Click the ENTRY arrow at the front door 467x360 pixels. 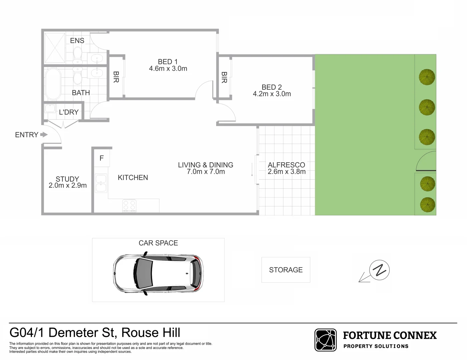pos(44,135)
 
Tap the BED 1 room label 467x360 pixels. pos(168,62)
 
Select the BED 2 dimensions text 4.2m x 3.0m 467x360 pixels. pos(272,94)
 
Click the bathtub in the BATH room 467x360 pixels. pos(53,84)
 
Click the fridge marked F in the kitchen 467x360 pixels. pos(102,158)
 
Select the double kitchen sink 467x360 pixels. pos(101,183)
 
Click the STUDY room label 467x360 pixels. pos(67,179)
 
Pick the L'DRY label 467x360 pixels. pos(69,112)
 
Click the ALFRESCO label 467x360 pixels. pos(286,165)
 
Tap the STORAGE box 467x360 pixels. pos(286,270)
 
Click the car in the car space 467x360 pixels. pos(158,273)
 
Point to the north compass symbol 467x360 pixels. pos(379,270)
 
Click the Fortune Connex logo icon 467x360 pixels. pos(326,340)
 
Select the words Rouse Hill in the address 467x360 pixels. pos(151,333)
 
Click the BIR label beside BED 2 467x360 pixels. pos(224,78)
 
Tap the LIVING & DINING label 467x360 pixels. pos(205,165)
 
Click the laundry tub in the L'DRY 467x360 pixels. pos(50,109)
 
